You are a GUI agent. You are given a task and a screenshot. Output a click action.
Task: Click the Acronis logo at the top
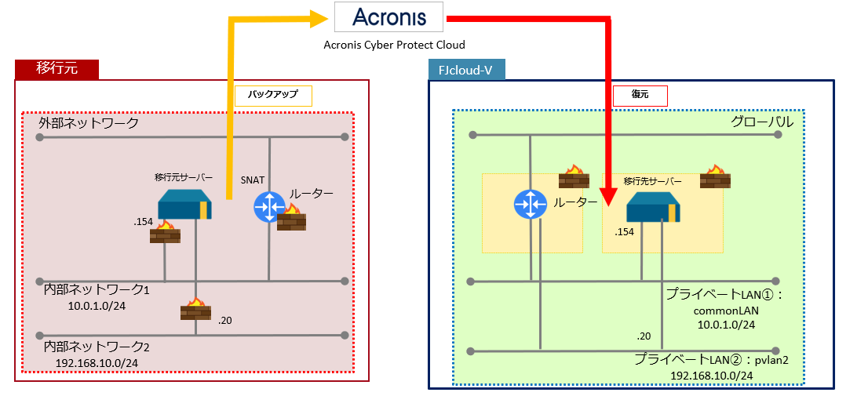pyautogui.click(x=388, y=18)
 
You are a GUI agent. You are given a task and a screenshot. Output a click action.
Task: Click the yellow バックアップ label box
pyautogui.click(x=273, y=96)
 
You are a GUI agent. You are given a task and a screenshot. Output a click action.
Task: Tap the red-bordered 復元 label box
pyautogui.click(x=640, y=96)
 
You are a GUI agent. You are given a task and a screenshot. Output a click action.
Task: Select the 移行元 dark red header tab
pyautogui.click(x=57, y=69)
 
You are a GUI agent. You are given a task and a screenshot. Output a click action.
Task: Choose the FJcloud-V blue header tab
pyautogui.click(x=467, y=70)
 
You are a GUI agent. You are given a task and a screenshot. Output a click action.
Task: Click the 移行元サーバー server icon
pyautogui.click(x=184, y=205)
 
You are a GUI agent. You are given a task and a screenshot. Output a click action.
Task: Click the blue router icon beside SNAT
pyautogui.click(x=269, y=208)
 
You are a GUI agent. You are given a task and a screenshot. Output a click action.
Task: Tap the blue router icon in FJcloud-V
pyautogui.click(x=531, y=205)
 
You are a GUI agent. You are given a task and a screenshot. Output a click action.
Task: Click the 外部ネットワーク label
pyautogui.click(x=89, y=123)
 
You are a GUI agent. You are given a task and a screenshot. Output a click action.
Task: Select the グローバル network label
pyautogui.click(x=762, y=122)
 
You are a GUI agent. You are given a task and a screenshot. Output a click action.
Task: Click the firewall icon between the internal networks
pyautogui.click(x=195, y=309)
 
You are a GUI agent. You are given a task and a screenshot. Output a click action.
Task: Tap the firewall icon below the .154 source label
pyautogui.click(x=165, y=232)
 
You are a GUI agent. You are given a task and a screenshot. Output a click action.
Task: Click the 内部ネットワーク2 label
pyautogui.click(x=97, y=347)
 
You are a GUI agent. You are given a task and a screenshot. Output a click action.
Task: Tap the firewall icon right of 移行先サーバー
pyautogui.click(x=715, y=176)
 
